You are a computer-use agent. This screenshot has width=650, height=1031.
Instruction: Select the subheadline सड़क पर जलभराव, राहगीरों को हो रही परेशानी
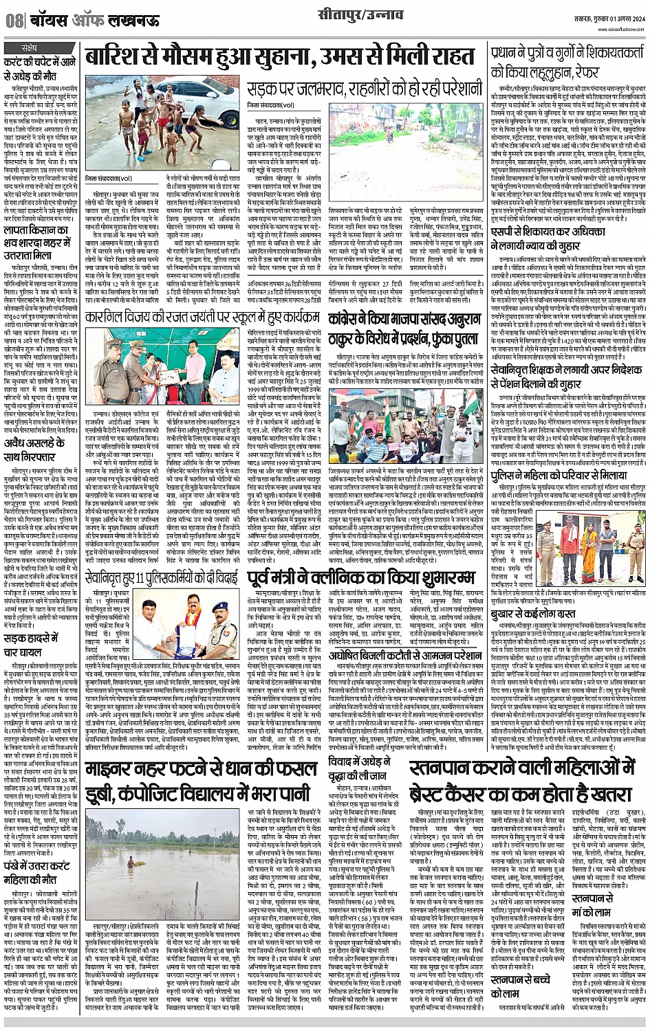(x=365, y=89)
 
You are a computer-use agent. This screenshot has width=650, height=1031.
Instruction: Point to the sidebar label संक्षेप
(x=30, y=49)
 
